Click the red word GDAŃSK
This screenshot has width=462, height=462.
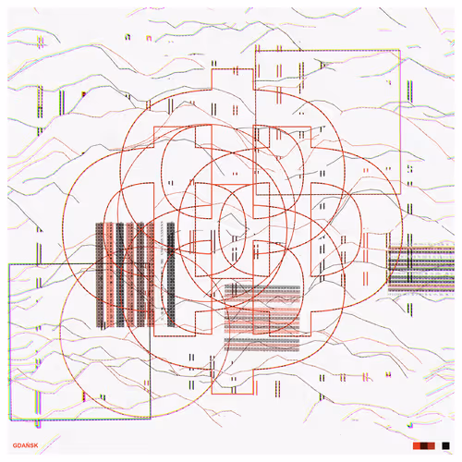click(x=26, y=445)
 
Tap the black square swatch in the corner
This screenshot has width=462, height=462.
click(x=445, y=445)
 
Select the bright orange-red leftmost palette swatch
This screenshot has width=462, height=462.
click(x=417, y=445)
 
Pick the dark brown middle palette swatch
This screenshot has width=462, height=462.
click(x=424, y=445)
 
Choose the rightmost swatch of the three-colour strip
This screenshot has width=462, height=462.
click(x=432, y=445)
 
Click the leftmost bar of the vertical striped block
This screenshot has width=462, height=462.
click(x=100, y=274)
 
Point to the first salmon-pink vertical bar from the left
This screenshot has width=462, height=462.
click(x=110, y=274)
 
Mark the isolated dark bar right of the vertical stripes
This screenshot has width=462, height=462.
click(x=171, y=274)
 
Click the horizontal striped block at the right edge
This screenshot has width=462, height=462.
click(x=421, y=269)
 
